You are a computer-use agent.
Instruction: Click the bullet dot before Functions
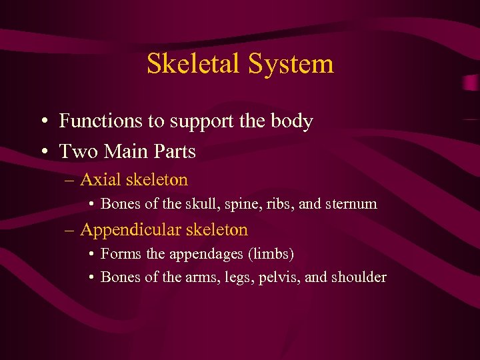(42, 122)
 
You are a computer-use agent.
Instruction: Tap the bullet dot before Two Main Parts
(42, 153)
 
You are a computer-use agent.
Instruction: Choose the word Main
(124, 152)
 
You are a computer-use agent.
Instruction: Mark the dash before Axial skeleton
(71, 180)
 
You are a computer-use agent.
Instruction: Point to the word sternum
(351, 204)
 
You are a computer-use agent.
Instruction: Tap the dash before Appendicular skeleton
(71, 231)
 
